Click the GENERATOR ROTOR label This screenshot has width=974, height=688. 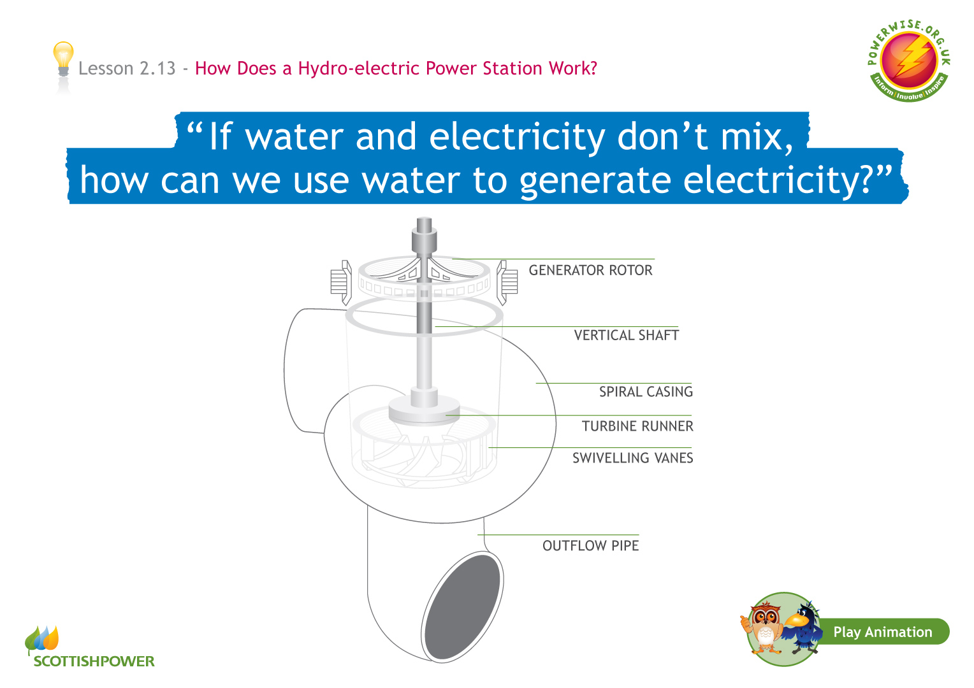590,270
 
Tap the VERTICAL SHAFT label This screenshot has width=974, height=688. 626,335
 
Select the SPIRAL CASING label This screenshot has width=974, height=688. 646,392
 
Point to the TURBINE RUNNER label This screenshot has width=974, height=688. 637,426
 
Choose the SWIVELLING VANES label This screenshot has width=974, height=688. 633,457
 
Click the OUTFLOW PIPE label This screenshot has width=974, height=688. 590,545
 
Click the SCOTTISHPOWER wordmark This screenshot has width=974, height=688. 94,661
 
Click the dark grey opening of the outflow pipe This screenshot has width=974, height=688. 462,607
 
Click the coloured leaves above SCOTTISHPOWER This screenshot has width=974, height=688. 41,638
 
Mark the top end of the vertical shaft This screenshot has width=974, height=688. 424,218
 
